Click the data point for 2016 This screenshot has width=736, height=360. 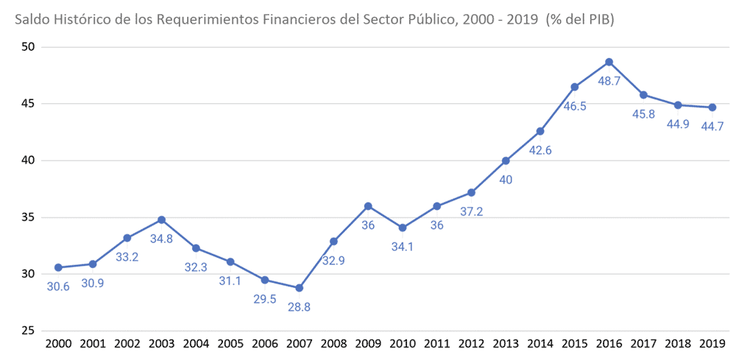pos(609,62)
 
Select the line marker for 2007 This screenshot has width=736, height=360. pos(299,288)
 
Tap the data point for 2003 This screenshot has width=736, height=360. pos(161,219)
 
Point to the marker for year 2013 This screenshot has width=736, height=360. pos(506,160)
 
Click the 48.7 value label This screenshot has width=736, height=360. pos(609,81)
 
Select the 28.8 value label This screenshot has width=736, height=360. pos(299,307)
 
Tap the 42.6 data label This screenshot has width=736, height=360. pos(540,150)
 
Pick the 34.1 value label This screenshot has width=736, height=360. pos(402,247)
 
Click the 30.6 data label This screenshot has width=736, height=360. pos(58,286)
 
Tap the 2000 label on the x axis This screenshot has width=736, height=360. pos(58,344)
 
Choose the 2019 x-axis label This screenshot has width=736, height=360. pos(712,344)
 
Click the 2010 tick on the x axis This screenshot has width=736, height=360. pos(402,344)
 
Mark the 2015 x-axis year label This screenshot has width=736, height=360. pos(574,344)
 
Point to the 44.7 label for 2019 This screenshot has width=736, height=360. pos(712,127)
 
